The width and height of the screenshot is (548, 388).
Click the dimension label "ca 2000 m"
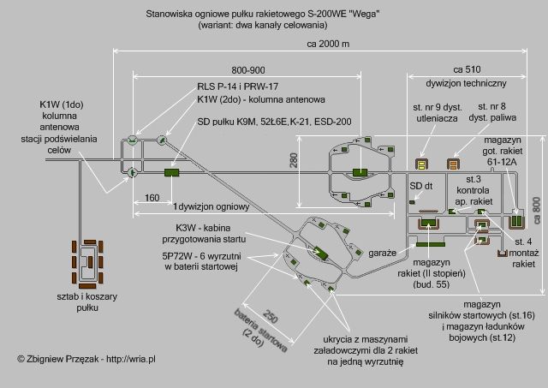point(328,44)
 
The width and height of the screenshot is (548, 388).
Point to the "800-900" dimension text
point(248,70)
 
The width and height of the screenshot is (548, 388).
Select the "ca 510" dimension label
point(467,69)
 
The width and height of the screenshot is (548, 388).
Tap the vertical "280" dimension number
point(294,160)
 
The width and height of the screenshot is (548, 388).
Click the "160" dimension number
point(152,198)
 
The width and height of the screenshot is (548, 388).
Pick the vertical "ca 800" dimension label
point(537,211)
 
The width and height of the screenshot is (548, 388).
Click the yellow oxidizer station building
point(422,164)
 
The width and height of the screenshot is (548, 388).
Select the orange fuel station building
point(453,164)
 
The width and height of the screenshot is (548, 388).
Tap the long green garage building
point(431,244)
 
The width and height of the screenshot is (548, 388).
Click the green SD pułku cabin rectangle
point(171,172)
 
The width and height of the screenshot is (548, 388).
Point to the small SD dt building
point(412,202)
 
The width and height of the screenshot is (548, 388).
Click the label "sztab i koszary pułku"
point(87,302)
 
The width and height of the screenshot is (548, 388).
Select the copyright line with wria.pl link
point(86,359)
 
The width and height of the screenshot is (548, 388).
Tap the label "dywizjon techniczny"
point(466,84)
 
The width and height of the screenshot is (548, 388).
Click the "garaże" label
point(383,253)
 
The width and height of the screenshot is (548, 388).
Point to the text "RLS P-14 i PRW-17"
point(238,87)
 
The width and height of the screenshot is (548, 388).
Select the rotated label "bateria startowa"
point(260,331)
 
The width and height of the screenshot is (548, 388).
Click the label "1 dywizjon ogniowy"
point(211,207)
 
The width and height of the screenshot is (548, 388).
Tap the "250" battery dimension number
point(270,316)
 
